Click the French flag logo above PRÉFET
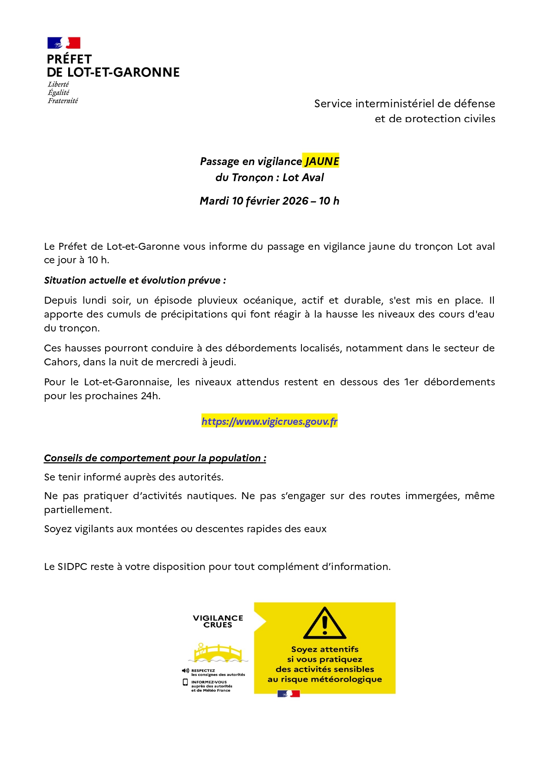coord(64,43)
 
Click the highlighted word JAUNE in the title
coord(321,161)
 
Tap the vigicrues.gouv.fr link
coord(269,421)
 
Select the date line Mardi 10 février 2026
coord(269,201)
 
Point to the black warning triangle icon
coord(324,623)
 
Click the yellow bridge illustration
coord(218,652)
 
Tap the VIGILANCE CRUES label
coord(218,621)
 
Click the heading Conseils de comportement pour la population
coord(155,458)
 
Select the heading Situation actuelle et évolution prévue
coord(135,280)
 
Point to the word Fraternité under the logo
coord(63,101)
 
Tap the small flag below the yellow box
coord(288,694)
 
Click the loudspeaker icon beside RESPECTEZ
coord(185,671)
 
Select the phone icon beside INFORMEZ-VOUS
coord(185,682)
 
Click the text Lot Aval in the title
coord(303,177)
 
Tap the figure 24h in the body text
coord(149,396)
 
